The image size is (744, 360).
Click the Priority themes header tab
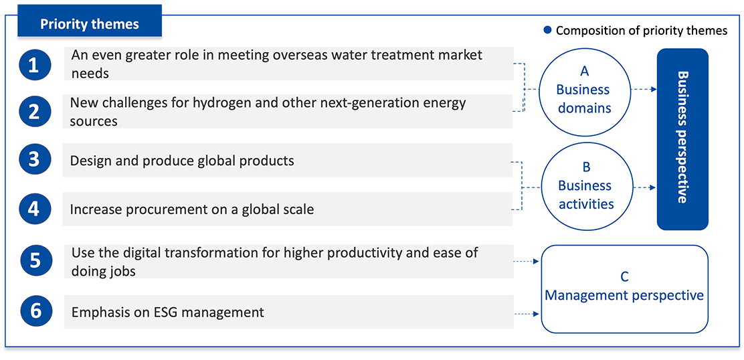[90, 21]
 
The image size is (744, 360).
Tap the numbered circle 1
[34, 64]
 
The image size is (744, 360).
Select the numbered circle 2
[34, 111]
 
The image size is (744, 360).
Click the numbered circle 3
[34, 161]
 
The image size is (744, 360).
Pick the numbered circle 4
[34, 209]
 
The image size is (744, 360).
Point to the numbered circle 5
[37, 262]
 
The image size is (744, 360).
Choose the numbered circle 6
[37, 312]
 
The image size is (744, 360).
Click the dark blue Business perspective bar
[682, 139]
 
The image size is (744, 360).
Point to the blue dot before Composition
[547, 30]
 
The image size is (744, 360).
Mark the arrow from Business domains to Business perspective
[644, 89]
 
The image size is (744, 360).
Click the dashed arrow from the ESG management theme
[527, 314]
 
